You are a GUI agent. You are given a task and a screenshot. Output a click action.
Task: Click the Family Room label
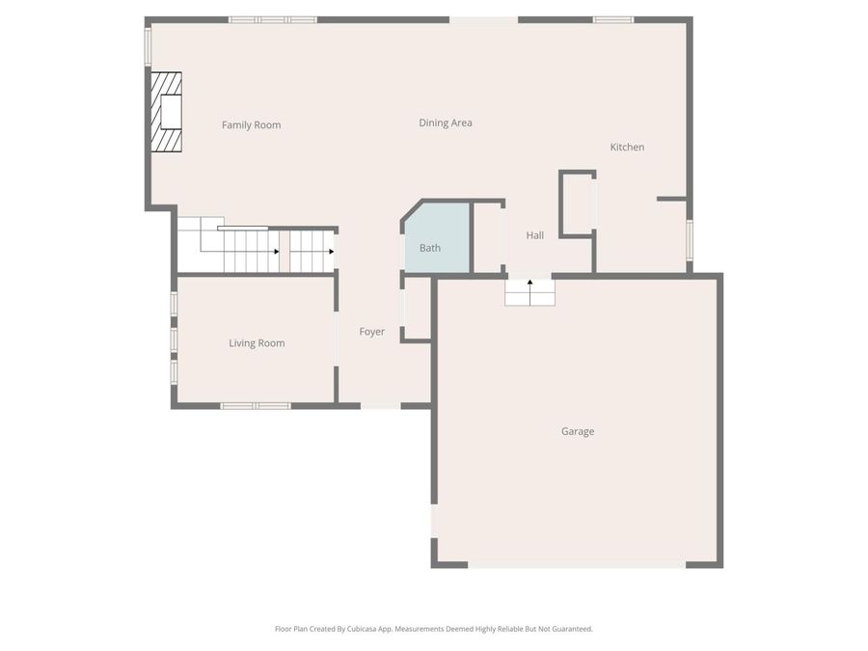251,125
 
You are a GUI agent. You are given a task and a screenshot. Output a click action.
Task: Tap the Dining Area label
445,123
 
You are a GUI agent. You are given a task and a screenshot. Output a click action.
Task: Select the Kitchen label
627,148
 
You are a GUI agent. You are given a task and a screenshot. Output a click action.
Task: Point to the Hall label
534,235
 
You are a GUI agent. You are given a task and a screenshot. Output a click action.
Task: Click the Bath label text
429,248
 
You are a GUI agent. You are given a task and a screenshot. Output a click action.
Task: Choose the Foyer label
371,332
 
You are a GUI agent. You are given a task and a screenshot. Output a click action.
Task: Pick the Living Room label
257,343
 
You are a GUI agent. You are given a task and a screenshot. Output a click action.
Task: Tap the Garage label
577,432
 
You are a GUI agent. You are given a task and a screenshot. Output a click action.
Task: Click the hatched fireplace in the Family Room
166,112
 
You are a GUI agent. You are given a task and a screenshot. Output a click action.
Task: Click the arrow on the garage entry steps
529,284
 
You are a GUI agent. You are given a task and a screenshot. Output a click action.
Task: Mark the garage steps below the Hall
529,293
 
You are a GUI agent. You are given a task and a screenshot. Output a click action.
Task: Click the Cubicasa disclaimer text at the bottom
433,629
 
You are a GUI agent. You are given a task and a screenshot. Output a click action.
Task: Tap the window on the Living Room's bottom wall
256,406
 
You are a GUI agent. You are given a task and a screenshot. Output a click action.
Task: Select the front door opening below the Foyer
380,406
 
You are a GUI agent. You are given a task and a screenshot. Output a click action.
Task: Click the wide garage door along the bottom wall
577,564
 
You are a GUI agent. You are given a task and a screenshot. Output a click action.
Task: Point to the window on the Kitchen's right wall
689,239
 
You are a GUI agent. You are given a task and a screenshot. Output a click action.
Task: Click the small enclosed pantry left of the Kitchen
577,204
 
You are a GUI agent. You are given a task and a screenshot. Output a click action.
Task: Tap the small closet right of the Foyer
417,309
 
